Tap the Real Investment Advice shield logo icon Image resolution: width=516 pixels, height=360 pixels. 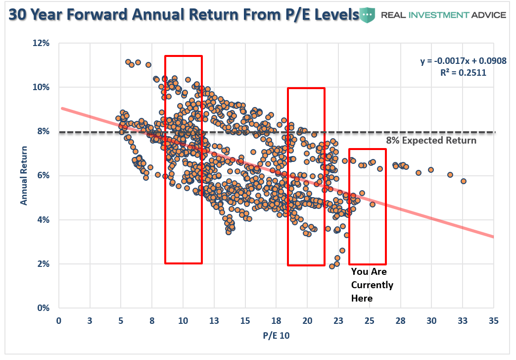(367, 15)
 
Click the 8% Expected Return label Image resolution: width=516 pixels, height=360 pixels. (431, 141)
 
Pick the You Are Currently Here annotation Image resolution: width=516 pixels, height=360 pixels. (372, 285)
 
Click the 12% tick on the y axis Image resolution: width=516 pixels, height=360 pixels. (42, 43)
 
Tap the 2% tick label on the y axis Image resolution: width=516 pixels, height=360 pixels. (44, 264)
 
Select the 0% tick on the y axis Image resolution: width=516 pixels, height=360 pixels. (44, 308)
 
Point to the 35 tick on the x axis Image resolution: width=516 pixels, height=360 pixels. (493, 320)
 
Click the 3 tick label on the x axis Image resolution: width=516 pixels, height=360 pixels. (90, 320)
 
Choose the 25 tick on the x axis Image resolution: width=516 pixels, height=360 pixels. (369, 320)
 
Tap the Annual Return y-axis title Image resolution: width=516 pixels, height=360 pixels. (23, 175)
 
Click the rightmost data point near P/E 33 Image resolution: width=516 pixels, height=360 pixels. (464, 181)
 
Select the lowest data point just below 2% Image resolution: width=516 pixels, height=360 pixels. (332, 266)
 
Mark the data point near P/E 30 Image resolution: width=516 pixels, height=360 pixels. (431, 169)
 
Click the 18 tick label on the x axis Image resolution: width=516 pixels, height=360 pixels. (276, 320)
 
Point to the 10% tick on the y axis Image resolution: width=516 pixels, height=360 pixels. (42, 87)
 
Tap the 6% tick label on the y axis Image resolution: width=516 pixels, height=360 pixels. (44, 175)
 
